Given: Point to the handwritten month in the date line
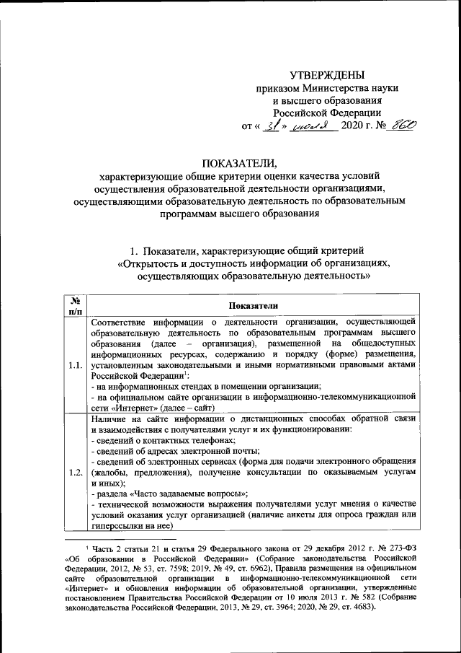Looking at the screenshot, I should click(x=308, y=126).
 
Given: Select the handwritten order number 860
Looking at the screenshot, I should click(x=401, y=125).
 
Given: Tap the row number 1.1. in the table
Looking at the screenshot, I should click(x=75, y=365).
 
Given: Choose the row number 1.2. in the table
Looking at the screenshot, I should click(x=75, y=473).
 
